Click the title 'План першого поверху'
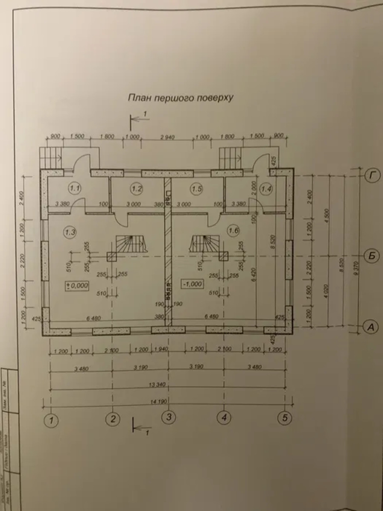click(x=180, y=98)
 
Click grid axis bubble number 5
click(x=285, y=417)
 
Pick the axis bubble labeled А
click(x=371, y=327)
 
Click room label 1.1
click(x=75, y=187)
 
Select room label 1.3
click(x=70, y=232)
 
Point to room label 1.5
click(x=196, y=188)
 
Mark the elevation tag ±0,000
click(x=77, y=285)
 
